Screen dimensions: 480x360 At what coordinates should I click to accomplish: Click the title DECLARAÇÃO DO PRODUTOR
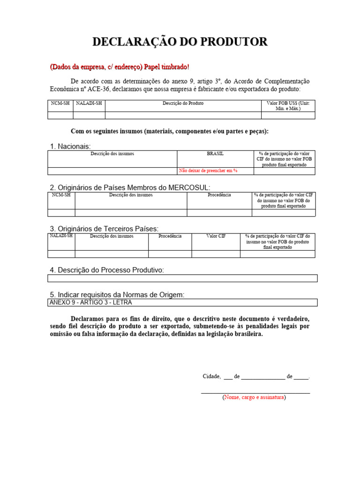click(x=180, y=42)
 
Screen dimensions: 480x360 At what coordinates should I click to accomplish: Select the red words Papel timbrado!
click(x=167, y=67)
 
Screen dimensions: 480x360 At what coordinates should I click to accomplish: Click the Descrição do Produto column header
click(x=183, y=103)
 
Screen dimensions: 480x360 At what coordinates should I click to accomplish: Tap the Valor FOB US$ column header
click(x=288, y=105)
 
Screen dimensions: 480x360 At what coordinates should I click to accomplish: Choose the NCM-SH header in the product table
click(x=60, y=103)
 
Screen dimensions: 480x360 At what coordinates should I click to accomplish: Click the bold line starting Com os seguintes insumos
click(x=170, y=131)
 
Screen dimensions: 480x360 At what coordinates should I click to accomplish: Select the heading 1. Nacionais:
click(x=70, y=146)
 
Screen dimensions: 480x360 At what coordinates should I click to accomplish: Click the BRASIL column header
click(x=215, y=154)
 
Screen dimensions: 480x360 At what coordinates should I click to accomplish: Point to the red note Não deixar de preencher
click(x=208, y=171)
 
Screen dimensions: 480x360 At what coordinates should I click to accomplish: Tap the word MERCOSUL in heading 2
click(x=183, y=187)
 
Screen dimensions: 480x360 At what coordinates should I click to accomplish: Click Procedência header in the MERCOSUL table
click(x=219, y=195)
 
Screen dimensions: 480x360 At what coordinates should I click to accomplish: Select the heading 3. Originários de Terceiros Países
click(x=104, y=228)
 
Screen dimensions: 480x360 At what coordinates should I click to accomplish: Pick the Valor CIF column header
click(x=216, y=236)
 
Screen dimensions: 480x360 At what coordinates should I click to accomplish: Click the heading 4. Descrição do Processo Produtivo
click(x=107, y=270)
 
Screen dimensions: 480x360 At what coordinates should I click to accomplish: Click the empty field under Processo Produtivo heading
click(x=182, y=278)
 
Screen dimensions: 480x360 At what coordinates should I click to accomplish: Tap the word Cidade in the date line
click(x=211, y=376)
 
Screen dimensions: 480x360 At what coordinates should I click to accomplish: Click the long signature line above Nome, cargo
click(x=255, y=392)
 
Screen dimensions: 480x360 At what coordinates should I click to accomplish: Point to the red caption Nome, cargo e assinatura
click(x=254, y=397)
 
